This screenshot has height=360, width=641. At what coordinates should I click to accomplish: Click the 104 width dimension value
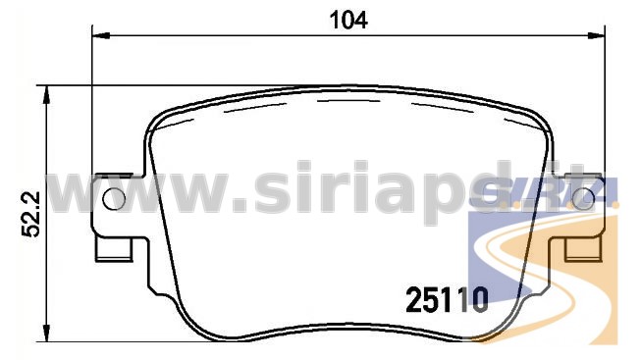348,20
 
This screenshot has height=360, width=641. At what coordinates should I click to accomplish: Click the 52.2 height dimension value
31,214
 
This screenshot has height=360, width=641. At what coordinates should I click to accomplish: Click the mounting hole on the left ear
114,199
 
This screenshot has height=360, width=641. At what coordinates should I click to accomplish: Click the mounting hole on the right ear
583,199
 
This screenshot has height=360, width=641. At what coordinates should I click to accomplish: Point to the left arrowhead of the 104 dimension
101,36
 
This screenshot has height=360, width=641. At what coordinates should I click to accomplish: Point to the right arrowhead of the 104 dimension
597,36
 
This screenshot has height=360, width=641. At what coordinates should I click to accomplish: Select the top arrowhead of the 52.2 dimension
47,95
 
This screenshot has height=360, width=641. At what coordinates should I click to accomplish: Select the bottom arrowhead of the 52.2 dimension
47,333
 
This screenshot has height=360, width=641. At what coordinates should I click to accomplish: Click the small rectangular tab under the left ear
114,249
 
